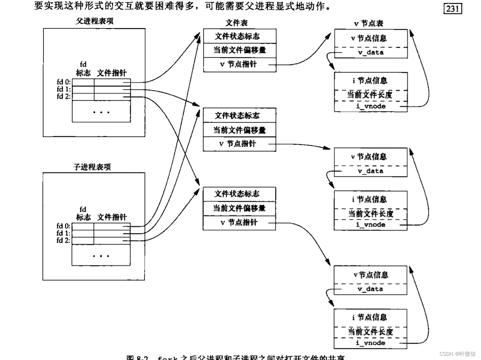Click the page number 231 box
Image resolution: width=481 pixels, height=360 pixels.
click(453, 8)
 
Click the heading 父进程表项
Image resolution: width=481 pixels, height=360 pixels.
click(95, 21)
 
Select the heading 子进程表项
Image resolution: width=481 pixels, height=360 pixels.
click(92, 167)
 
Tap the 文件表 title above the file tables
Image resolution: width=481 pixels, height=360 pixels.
click(236, 23)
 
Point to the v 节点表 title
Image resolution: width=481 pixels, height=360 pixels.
click(368, 24)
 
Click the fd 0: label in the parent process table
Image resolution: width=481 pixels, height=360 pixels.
click(64, 82)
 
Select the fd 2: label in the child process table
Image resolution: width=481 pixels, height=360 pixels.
click(63, 240)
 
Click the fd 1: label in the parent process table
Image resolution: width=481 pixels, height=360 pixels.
click(64, 89)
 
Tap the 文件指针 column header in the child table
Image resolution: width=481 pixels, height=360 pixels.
click(112, 217)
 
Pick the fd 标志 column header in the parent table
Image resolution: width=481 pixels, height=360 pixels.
click(83, 69)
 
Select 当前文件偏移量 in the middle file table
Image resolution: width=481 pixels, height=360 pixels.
click(239, 130)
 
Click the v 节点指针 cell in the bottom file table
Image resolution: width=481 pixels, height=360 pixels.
click(239, 223)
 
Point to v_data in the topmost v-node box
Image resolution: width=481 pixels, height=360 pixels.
click(371, 53)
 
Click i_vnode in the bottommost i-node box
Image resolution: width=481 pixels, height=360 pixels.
click(371, 343)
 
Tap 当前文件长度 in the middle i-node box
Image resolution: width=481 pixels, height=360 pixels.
click(371, 213)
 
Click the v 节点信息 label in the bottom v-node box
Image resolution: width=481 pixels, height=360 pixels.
click(371, 275)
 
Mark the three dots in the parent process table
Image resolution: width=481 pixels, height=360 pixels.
click(101, 113)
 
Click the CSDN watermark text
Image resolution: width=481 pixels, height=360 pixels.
click(457, 354)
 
